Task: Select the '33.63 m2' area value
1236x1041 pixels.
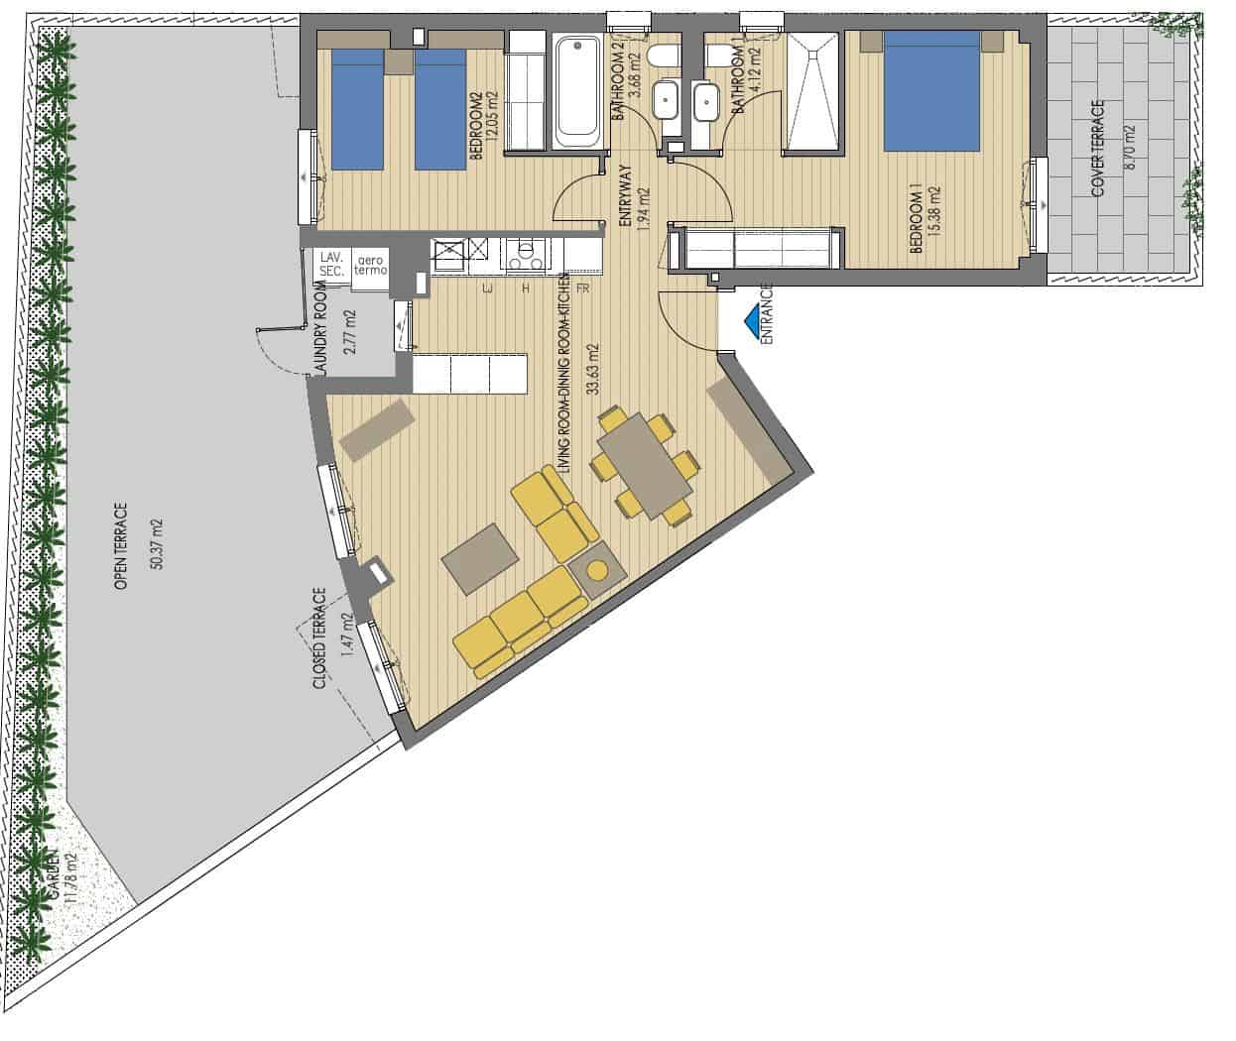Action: tap(593, 369)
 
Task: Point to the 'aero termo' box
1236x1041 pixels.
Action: tap(367, 265)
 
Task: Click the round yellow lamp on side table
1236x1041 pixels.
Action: tap(596, 571)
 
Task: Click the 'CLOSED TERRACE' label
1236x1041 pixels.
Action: tap(319, 638)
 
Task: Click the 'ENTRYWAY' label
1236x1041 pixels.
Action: tap(626, 197)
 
